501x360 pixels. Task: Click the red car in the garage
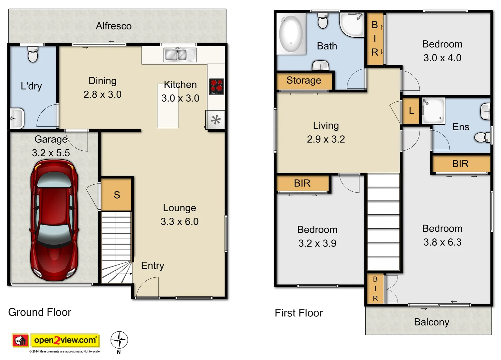tap(54, 220)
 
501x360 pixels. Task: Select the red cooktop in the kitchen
tap(216, 87)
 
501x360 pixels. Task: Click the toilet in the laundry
tap(33, 55)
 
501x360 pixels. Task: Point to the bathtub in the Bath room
tap(291, 34)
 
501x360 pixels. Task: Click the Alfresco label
tap(114, 26)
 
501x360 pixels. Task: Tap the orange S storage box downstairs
tap(116, 195)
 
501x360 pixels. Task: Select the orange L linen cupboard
tap(411, 111)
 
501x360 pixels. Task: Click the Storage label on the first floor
tap(304, 80)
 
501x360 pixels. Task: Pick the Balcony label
tap(431, 322)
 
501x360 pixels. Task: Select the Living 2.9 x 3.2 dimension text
tap(326, 139)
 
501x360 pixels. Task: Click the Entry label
tap(153, 266)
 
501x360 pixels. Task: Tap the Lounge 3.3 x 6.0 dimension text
tap(180, 222)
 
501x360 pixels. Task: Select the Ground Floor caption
tap(40, 312)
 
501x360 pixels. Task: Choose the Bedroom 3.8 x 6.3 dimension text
tap(442, 242)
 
